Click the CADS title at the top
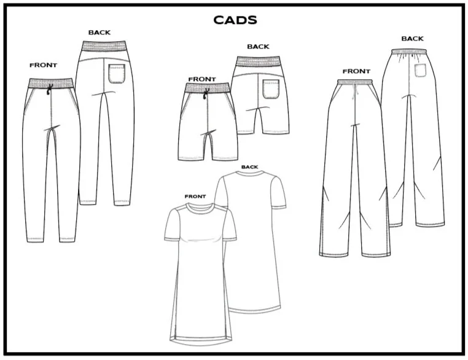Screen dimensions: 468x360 pyautogui.click(x=235, y=20)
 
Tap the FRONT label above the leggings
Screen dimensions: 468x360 pyautogui.click(x=43, y=65)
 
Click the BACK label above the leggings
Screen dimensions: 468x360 pyautogui.click(x=100, y=32)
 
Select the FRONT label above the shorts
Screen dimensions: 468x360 pyautogui.click(x=203, y=79)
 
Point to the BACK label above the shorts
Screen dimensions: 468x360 pyautogui.click(x=258, y=47)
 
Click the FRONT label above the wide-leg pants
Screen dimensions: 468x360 pyautogui.click(x=356, y=71)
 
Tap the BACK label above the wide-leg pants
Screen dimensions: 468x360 pyautogui.click(x=412, y=39)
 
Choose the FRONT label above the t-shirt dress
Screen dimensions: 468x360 pyautogui.click(x=195, y=197)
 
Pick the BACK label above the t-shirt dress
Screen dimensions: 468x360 pyautogui.click(x=249, y=166)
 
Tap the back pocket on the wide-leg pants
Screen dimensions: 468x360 pyautogui.click(x=421, y=71)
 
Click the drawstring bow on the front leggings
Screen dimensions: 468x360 pyautogui.click(x=49, y=92)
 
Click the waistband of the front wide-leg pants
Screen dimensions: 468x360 pyautogui.click(x=356, y=82)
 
